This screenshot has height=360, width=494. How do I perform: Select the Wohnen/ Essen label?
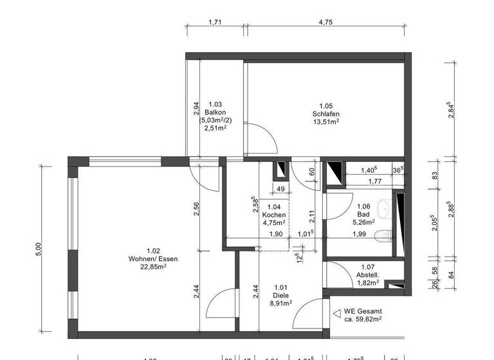pyautogui.click(x=152, y=258)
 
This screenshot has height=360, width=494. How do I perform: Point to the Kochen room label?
pyautogui.click(x=274, y=215)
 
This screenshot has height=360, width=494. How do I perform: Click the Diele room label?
pyautogui.click(x=280, y=295)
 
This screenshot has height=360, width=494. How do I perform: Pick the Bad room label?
pyautogui.click(x=363, y=215)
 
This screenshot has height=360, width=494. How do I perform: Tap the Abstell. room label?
pyautogui.click(x=368, y=274)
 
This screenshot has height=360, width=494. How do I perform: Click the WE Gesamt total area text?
pyautogui.click(x=363, y=314)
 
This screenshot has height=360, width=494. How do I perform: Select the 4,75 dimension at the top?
pyautogui.click(x=325, y=22)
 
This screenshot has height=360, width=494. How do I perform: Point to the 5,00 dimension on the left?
pyautogui.click(x=39, y=250)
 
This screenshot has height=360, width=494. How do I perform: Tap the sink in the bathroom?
pyautogui.click(x=384, y=208)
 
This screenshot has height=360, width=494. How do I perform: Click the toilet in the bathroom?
pyautogui.click(x=385, y=235)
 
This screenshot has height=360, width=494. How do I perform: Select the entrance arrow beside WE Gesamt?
pyautogui.click(x=336, y=313)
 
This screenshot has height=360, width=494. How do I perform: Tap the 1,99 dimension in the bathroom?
pyautogui.click(x=360, y=233)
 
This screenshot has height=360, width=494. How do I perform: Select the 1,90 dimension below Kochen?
pyautogui.click(x=277, y=234)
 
